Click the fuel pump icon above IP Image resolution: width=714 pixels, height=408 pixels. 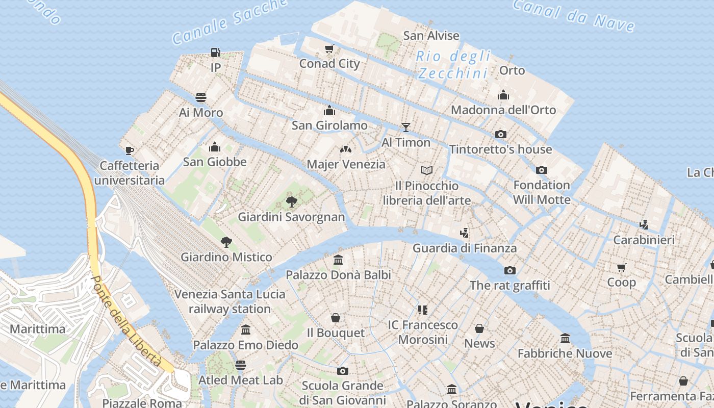pos(216,52)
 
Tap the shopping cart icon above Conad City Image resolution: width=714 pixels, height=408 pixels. pos(329,49)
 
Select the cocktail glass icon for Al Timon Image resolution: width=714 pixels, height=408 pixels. pos(406,127)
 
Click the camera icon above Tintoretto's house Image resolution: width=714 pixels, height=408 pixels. pos(501,134)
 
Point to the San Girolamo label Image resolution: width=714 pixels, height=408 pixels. pos(329,125)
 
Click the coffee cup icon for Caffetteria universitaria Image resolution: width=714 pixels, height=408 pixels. pos(130,150)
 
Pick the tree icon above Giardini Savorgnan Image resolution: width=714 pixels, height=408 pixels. pos(292,202)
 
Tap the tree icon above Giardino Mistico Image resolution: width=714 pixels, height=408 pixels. pos(226,242)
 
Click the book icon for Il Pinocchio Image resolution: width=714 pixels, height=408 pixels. pos(427,170)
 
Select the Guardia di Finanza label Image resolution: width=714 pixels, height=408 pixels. pos(465,248)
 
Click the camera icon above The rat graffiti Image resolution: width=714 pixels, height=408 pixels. pos(509,270)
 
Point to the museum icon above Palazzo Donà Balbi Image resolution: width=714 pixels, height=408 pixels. pos(338,260)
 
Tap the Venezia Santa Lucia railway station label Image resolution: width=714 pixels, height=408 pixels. pos(230,301)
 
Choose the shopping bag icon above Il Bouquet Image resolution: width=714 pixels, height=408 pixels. pos(336,318)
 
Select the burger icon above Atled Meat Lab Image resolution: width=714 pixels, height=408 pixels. pos(241,365)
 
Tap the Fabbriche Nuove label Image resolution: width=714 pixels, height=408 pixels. pos(565,353)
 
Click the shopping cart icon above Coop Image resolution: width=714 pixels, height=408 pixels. pos(621,267)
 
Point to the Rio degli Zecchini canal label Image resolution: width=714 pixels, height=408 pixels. pos(453,65)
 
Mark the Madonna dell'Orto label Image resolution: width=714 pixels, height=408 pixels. pos(503,110)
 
